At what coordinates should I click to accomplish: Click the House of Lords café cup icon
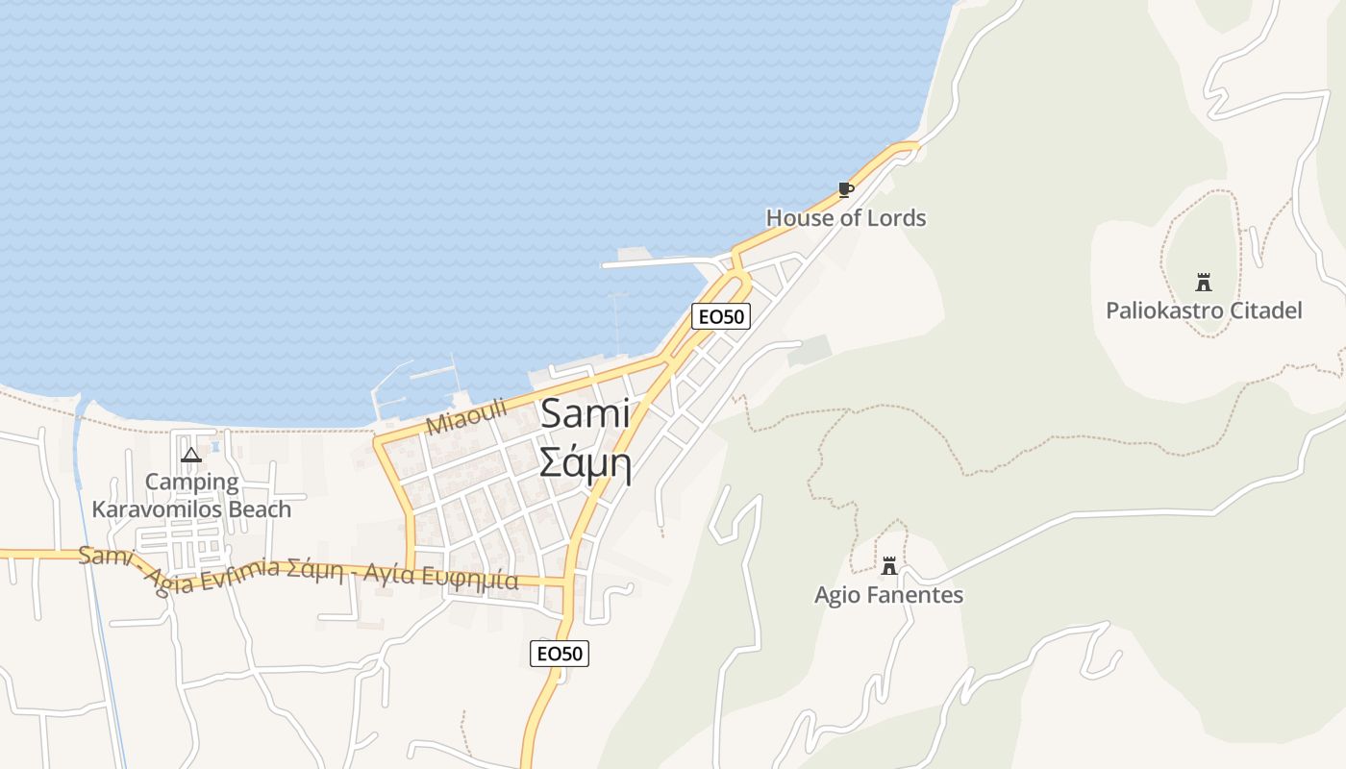pos(845,189)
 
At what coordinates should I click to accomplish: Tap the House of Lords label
pos(845,218)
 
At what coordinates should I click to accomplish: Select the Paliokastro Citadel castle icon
pos(1203,282)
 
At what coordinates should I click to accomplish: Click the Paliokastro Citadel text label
pos(1204,310)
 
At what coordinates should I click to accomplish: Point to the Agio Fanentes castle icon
pos(889,566)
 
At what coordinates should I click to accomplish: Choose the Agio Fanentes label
pos(888,595)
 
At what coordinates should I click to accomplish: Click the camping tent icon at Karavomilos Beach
pos(191,455)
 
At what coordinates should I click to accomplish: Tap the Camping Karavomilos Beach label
pos(191,495)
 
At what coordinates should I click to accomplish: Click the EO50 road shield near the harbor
pos(720,315)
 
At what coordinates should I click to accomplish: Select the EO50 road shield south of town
pos(559,654)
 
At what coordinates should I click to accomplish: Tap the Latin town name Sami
pos(585,414)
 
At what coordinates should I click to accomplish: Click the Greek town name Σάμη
pos(585,463)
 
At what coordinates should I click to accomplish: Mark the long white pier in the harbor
pos(663,261)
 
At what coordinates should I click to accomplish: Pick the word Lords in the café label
pos(895,218)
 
